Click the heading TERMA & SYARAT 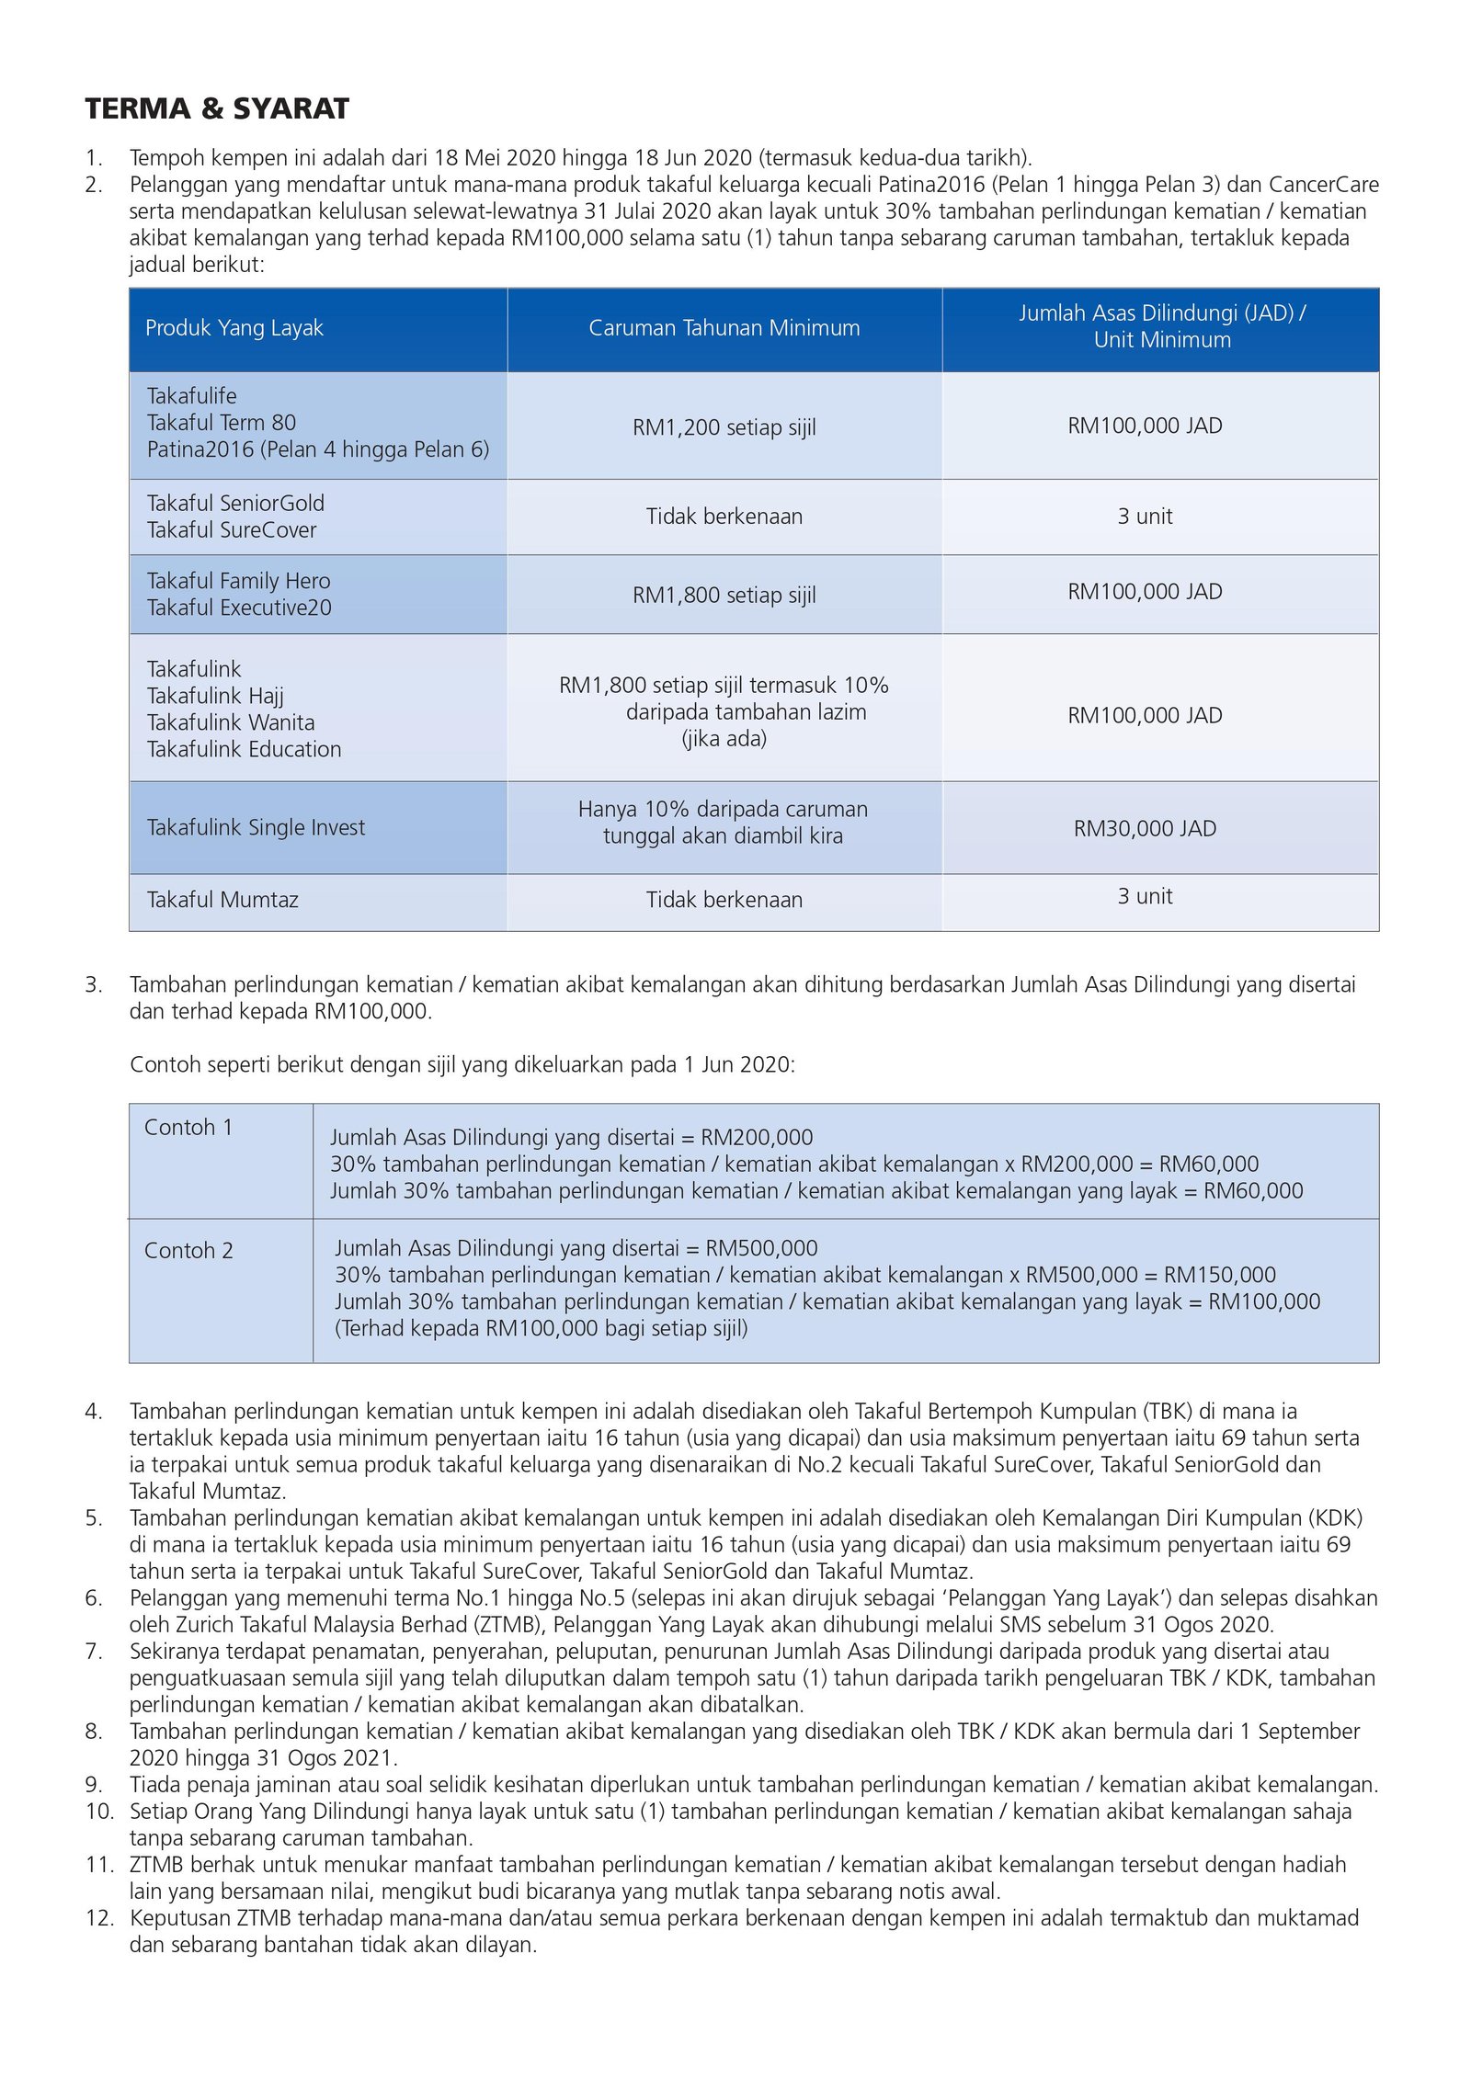[217, 109]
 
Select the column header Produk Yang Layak [234, 328]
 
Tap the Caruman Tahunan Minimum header [724, 328]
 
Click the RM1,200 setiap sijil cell [724, 427]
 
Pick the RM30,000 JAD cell [1145, 829]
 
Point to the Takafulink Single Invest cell [256, 828]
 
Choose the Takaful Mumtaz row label [222, 900]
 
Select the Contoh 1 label [188, 1128]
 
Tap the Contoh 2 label [188, 1251]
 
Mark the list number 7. [94, 1652]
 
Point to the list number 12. [98, 1918]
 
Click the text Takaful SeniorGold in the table [235, 504]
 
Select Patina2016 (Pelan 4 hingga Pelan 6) [318, 449]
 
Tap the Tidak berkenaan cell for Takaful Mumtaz [724, 900]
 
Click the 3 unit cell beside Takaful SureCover [1145, 517]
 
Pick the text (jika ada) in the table [724, 739]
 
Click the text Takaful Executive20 [239, 608]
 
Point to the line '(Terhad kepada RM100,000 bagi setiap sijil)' [541, 1328]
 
